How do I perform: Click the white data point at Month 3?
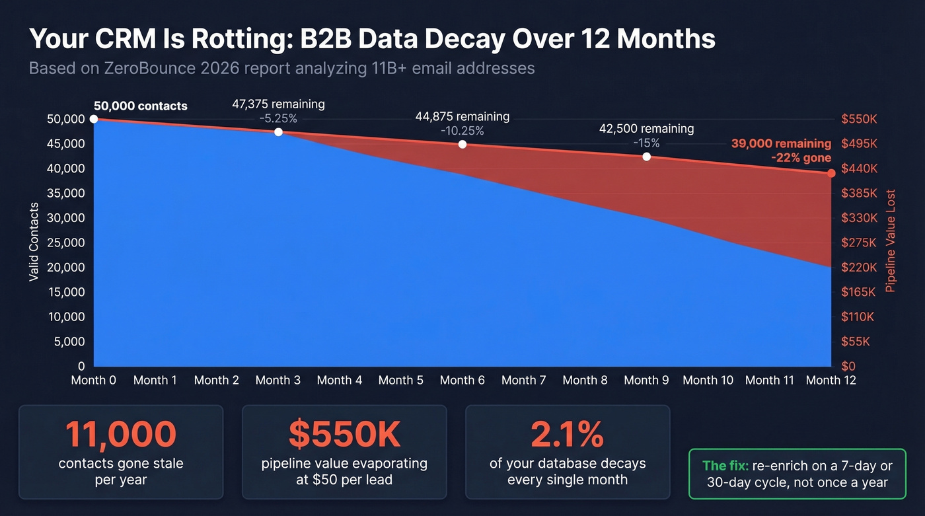coord(278,132)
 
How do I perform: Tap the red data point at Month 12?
coord(831,173)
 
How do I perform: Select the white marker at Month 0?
coord(94,119)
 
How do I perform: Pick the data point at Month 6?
coord(462,144)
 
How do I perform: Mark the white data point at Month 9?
coord(646,157)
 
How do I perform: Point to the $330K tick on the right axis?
coord(859,218)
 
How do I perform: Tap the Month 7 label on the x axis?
coord(523,380)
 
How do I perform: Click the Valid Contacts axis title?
coord(34,242)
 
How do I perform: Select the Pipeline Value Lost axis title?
coord(891,242)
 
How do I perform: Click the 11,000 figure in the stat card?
coord(121,434)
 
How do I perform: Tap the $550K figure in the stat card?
coord(344,434)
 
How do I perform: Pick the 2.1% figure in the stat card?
coord(567,434)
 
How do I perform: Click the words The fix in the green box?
coord(725,466)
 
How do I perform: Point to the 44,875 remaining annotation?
coord(462,116)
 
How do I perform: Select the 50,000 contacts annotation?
coord(140,106)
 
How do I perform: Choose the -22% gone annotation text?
coord(801,158)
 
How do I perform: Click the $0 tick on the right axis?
coord(849,367)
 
